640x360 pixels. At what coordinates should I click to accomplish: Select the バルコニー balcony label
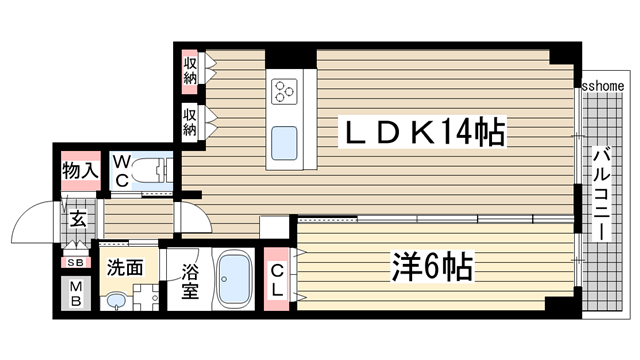coord(602,192)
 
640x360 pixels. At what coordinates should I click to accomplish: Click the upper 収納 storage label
coord(190,70)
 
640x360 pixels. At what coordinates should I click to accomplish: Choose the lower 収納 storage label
coord(190,123)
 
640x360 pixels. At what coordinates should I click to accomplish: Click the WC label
coord(120,171)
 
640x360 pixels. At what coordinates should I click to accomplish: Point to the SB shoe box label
coord(76,262)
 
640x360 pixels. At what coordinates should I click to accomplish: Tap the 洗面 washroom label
coord(125,268)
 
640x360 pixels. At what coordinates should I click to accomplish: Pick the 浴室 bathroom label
coord(189,282)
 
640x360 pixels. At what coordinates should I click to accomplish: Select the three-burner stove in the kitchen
coord(284,92)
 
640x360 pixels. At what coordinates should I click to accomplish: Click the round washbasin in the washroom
coord(116,300)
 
